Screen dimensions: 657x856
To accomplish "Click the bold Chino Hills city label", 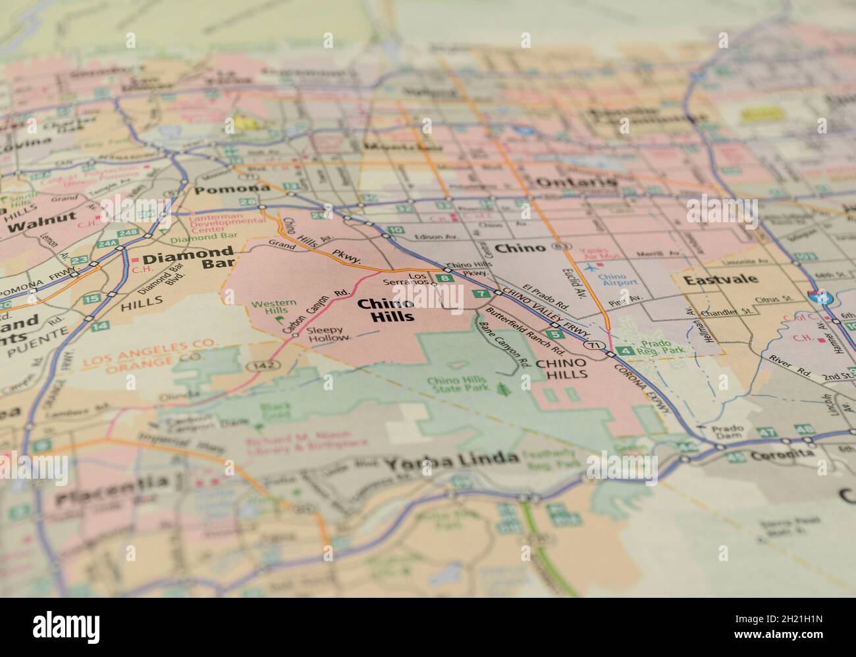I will [x=385, y=310].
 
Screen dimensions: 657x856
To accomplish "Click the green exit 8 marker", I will [x=446, y=278].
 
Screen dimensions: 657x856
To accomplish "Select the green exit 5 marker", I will [x=550, y=335].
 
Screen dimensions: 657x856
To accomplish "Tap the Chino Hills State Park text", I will [x=456, y=386].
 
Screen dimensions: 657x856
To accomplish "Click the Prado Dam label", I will [x=728, y=432].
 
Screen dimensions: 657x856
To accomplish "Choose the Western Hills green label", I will [x=274, y=307].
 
